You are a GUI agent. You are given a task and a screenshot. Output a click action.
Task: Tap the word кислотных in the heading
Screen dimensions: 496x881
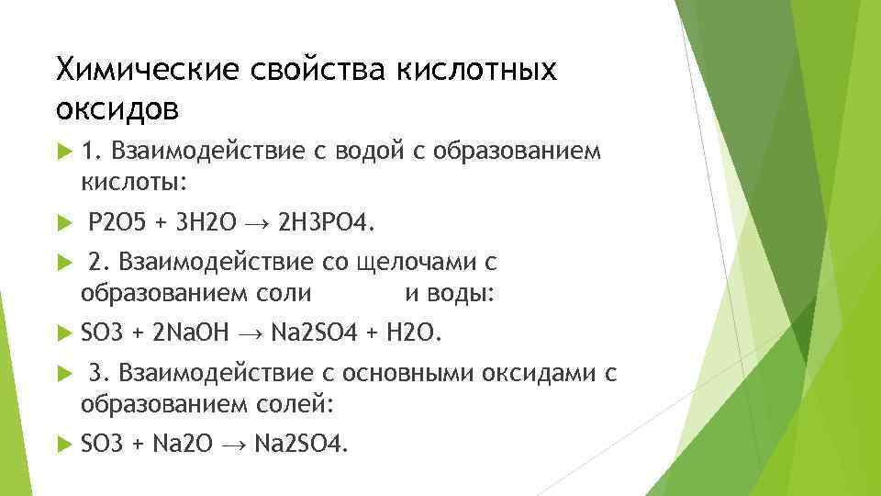coord(476,69)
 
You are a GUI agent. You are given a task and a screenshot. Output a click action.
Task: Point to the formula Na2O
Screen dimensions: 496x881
coord(182,445)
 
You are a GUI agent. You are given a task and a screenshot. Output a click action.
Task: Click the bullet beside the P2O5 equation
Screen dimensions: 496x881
coord(63,223)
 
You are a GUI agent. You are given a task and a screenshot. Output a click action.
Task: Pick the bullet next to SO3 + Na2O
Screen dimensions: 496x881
coord(63,445)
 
